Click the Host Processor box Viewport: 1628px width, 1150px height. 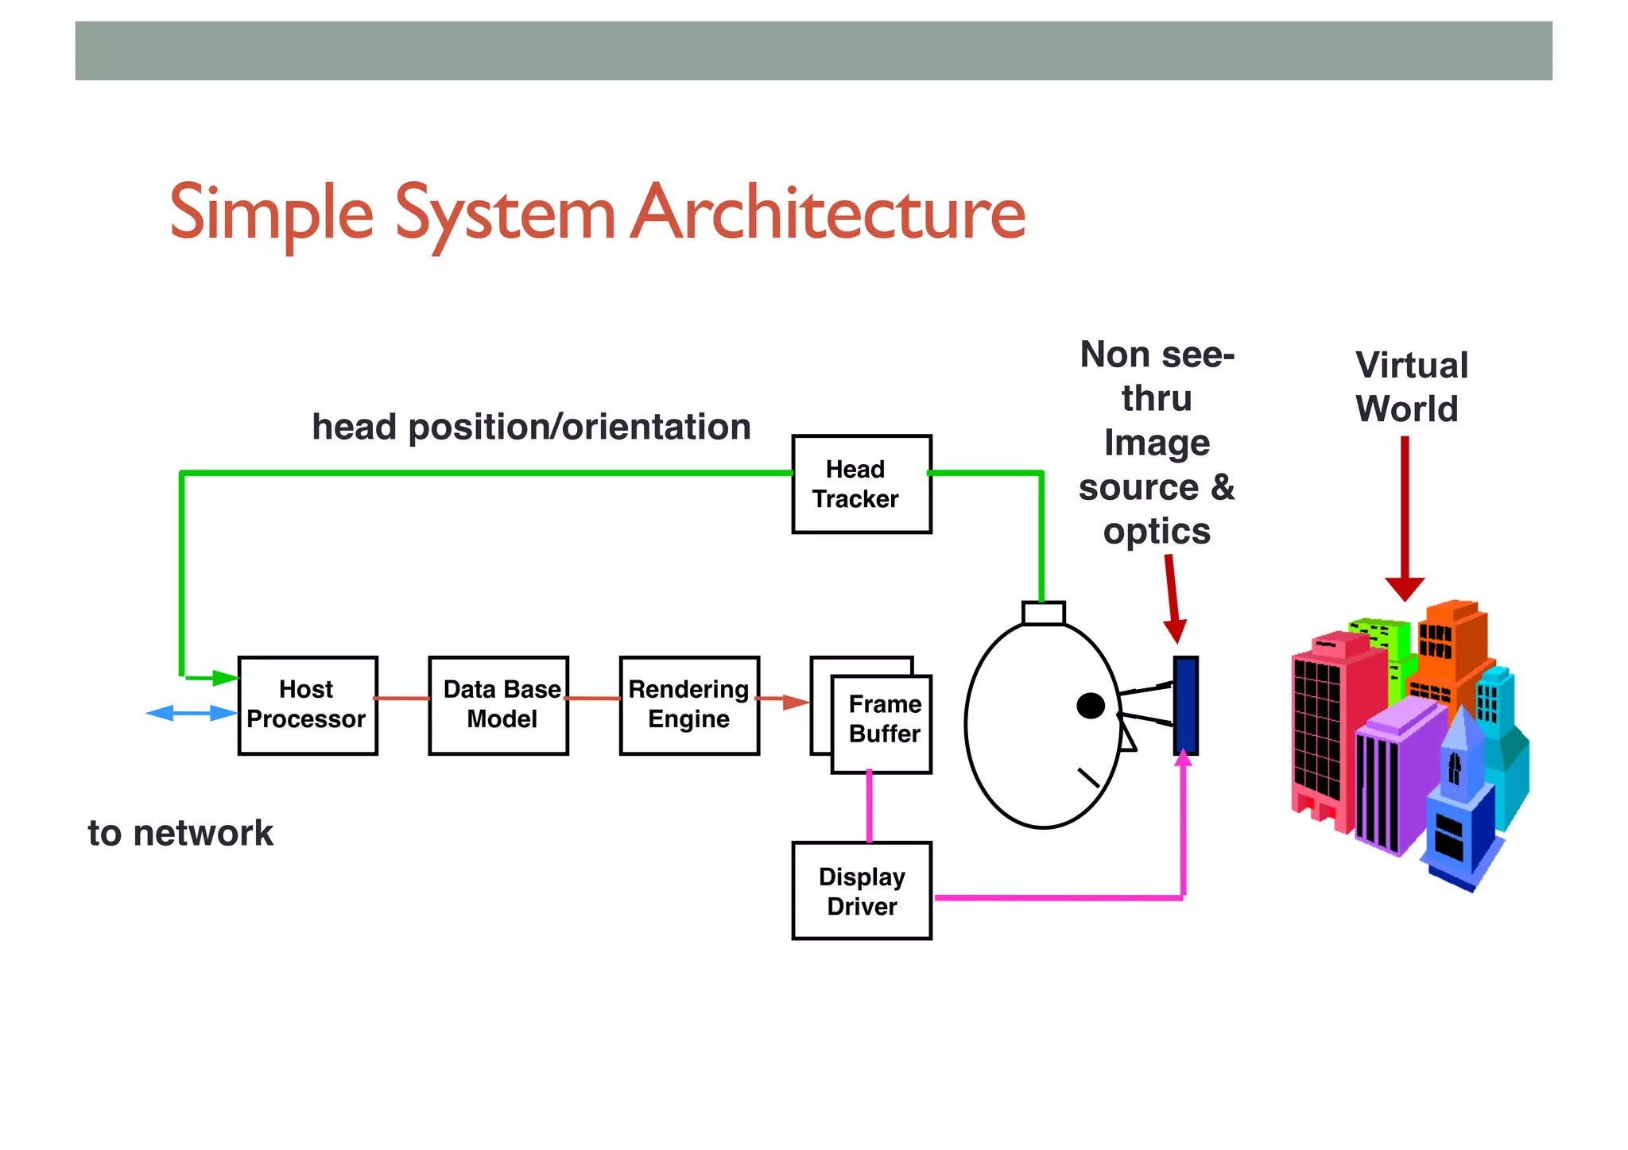click(x=308, y=705)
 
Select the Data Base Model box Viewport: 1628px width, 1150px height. click(x=498, y=705)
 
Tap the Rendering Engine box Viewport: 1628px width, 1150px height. click(x=689, y=705)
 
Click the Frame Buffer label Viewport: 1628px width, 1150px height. click(x=884, y=719)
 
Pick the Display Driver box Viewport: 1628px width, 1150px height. click(x=862, y=891)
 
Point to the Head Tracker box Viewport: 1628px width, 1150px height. click(x=862, y=484)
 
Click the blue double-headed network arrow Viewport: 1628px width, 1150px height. click(x=192, y=713)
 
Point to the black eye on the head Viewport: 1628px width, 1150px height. click(x=1090, y=705)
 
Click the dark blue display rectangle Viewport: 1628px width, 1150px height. click(x=1185, y=705)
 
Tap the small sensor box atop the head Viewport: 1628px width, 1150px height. click(x=1043, y=613)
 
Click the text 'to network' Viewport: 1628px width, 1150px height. click(x=180, y=833)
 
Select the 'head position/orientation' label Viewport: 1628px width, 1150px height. click(x=531, y=427)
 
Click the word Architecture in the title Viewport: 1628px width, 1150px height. click(x=828, y=213)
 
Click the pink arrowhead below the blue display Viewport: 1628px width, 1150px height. click(x=1184, y=759)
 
